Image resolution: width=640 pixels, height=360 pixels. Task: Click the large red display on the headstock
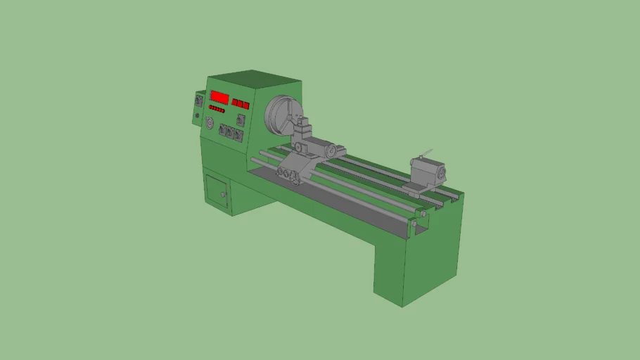tap(219, 97)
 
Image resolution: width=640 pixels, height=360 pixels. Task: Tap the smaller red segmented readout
tap(241, 105)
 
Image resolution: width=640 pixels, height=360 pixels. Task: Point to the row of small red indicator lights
tap(216, 110)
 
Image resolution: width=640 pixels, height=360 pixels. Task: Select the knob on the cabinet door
tap(223, 195)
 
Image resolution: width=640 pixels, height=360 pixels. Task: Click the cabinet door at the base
tap(217, 191)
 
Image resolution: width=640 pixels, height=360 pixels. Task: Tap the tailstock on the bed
tap(428, 172)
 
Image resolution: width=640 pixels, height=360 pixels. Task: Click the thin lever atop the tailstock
tap(425, 153)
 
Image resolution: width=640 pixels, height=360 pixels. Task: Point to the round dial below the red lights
tap(209, 124)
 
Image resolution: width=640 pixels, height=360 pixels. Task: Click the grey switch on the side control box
tap(198, 101)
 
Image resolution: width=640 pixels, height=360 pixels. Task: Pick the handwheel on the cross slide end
tap(329, 152)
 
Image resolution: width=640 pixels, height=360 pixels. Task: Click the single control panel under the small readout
tap(241, 120)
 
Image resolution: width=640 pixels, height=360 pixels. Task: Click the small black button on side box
tap(198, 115)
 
